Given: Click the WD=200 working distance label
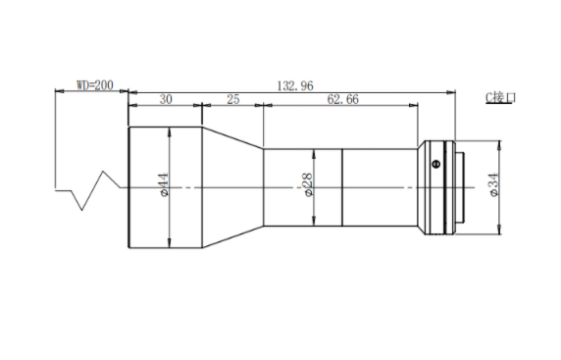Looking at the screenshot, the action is tap(95, 85).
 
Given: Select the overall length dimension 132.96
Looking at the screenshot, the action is tap(295, 86).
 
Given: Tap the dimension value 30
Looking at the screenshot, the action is tap(166, 99).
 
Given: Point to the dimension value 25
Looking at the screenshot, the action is tap(232, 99).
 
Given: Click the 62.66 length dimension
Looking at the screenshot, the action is tap(342, 99).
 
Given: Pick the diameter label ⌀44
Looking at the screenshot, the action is tap(164, 184).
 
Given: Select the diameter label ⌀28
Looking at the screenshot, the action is tap(308, 184).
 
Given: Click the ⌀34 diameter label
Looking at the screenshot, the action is tap(494, 184).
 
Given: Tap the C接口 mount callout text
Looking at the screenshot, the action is tap(500, 97).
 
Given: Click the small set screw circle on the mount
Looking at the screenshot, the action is tap(435, 164).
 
